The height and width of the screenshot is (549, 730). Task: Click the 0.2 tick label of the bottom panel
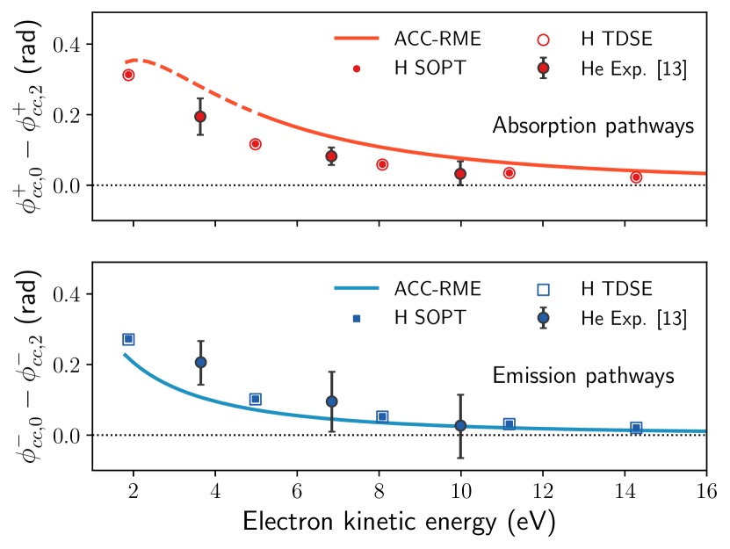click(68, 365)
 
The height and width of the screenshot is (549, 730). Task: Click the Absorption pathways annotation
click(594, 126)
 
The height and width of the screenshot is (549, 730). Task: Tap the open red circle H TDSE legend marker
click(544, 40)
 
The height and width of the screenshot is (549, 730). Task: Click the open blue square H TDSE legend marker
click(544, 288)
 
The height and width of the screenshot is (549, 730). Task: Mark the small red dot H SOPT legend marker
click(356, 68)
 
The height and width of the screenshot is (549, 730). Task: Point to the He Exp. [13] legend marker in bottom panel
click(544, 316)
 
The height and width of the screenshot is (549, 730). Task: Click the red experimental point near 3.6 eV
click(200, 117)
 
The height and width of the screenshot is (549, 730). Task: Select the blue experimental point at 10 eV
click(460, 425)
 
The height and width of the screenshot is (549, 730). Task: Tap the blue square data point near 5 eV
click(256, 399)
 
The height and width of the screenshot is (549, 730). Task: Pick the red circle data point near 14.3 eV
click(636, 177)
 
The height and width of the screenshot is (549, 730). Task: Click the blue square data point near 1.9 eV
click(128, 339)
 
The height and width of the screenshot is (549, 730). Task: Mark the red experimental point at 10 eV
click(460, 174)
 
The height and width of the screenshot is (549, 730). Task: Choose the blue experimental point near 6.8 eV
click(331, 401)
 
